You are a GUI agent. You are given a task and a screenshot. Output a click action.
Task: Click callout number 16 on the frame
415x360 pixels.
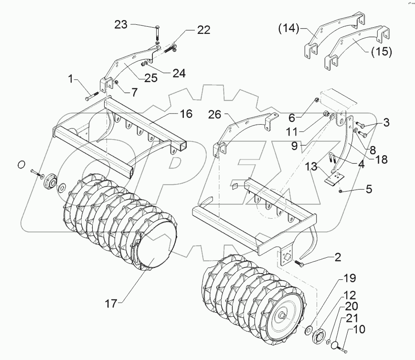click(x=186, y=114)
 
